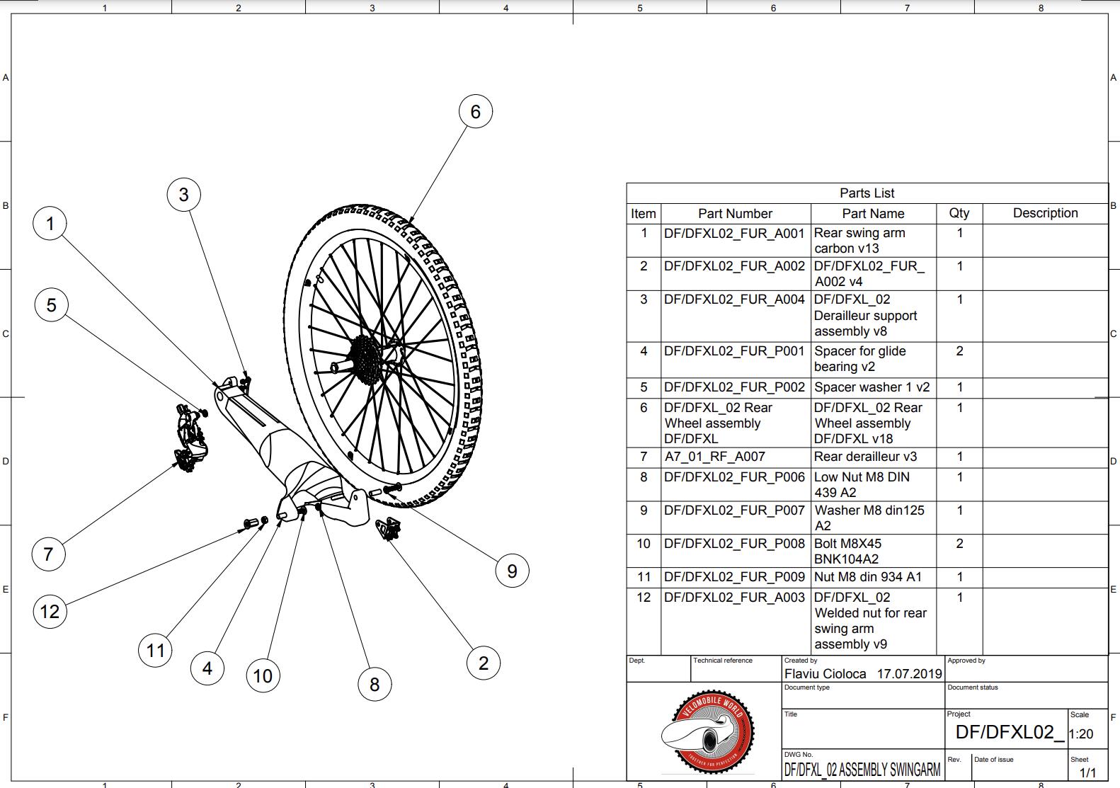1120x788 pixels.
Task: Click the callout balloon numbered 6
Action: pyautogui.click(x=475, y=112)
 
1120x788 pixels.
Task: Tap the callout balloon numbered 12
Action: pyautogui.click(x=50, y=611)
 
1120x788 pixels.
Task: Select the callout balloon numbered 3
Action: pyautogui.click(x=183, y=195)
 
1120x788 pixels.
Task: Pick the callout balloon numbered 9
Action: pyautogui.click(x=512, y=571)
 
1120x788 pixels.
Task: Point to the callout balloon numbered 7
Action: pyautogui.click(x=48, y=554)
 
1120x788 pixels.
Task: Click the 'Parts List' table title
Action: pyautogui.click(x=867, y=193)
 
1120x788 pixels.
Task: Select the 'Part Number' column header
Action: pyautogui.click(x=735, y=214)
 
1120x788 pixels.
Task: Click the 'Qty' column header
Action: pyautogui.click(x=959, y=213)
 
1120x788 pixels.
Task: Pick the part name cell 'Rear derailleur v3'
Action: pyautogui.click(x=860, y=457)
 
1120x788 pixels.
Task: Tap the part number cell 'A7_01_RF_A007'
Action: pyautogui.click(x=714, y=457)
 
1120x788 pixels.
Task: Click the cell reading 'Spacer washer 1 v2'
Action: pyautogui.click(x=872, y=387)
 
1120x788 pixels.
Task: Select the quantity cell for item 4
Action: pyautogui.click(x=959, y=351)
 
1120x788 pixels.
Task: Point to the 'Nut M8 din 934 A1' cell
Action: pyautogui.click(x=868, y=577)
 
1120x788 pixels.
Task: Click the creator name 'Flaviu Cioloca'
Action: pyautogui.click(x=825, y=674)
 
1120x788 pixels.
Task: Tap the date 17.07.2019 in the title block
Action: pyautogui.click(x=909, y=674)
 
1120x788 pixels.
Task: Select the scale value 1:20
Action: pyautogui.click(x=1080, y=734)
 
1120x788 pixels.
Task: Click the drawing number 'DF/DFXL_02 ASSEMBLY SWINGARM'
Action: pyautogui.click(x=862, y=770)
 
